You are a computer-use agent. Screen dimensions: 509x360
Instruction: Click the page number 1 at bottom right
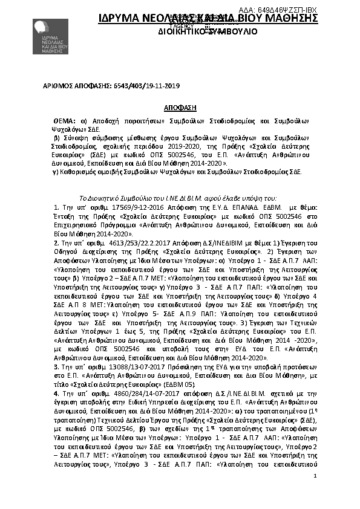316,494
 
